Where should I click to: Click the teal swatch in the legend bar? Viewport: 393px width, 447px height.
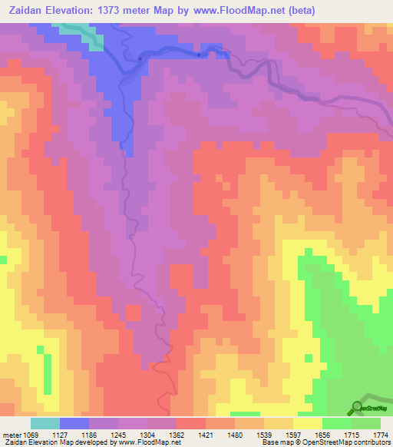coord(45,423)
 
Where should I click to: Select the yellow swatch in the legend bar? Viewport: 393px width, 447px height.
coord(308,423)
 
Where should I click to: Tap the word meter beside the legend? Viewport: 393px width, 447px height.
coord(10,435)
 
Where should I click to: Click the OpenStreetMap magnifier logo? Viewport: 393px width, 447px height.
coord(356,406)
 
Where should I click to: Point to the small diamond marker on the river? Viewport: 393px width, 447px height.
coord(200,55)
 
